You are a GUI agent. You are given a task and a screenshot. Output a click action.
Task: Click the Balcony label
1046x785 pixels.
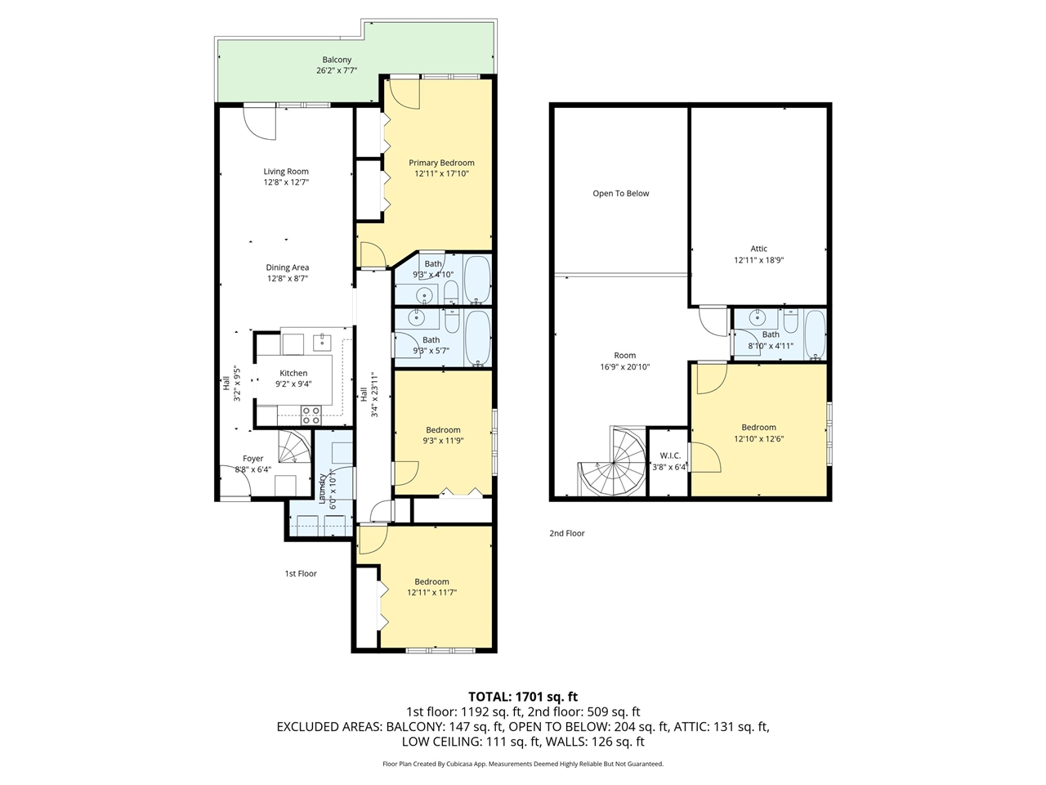click(x=337, y=60)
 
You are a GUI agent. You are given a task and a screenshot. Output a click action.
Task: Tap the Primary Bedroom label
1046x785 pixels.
click(x=441, y=163)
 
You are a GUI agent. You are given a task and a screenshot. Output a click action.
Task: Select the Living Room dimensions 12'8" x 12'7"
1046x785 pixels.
click(x=286, y=182)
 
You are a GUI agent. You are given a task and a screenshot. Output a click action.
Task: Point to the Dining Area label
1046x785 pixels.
click(x=287, y=267)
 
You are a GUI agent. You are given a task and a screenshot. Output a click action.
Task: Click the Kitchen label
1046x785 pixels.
click(x=293, y=373)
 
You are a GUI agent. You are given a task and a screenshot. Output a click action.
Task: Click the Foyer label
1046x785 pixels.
click(x=253, y=459)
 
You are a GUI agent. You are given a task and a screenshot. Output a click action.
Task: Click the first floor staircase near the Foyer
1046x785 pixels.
click(x=294, y=448)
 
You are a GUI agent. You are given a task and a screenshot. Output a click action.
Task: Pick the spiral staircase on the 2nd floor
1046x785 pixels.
click(x=613, y=462)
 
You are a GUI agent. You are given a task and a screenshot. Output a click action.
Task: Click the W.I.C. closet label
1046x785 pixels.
click(x=670, y=455)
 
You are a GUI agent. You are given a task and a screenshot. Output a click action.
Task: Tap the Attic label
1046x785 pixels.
click(x=759, y=249)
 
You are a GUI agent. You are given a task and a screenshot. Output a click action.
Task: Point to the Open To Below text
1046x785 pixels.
click(x=621, y=194)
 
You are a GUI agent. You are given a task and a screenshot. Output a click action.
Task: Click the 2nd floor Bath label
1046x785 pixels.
click(x=771, y=334)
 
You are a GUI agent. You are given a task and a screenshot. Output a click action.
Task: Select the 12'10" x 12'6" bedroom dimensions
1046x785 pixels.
click(x=758, y=438)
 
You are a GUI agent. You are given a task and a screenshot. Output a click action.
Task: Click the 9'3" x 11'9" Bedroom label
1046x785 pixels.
click(x=443, y=430)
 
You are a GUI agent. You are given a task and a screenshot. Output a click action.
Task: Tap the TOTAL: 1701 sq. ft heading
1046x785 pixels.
click(x=523, y=697)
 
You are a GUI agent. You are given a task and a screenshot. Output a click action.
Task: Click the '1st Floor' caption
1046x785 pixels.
click(x=301, y=573)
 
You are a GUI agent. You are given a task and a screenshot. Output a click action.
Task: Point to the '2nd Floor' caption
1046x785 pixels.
click(x=567, y=533)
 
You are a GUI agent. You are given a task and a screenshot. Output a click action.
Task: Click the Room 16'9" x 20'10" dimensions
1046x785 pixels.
click(x=625, y=366)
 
